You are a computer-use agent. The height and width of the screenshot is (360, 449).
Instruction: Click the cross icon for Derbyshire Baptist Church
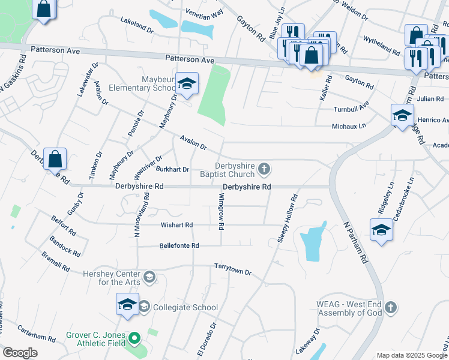click(x=264, y=171)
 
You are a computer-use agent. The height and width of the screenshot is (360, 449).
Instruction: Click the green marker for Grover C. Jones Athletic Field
click(x=135, y=340)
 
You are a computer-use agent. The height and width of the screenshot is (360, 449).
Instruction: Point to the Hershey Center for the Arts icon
click(x=149, y=277)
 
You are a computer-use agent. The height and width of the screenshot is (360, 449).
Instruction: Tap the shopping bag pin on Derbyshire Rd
click(x=55, y=160)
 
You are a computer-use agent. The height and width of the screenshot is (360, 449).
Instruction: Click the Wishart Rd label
click(x=176, y=225)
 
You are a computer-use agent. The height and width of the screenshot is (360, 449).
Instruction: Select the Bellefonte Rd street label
click(x=179, y=245)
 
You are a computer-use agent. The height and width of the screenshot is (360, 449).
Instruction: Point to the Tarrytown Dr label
click(x=232, y=268)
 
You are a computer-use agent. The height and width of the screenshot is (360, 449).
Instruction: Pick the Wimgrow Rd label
click(x=221, y=212)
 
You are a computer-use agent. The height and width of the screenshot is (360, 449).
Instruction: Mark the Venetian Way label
click(x=203, y=11)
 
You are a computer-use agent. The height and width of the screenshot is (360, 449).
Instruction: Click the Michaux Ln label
click(x=349, y=126)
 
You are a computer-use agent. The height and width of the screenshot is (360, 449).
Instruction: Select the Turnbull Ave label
click(x=351, y=109)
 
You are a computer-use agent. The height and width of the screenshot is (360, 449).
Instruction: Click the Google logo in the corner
click(x=20, y=353)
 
